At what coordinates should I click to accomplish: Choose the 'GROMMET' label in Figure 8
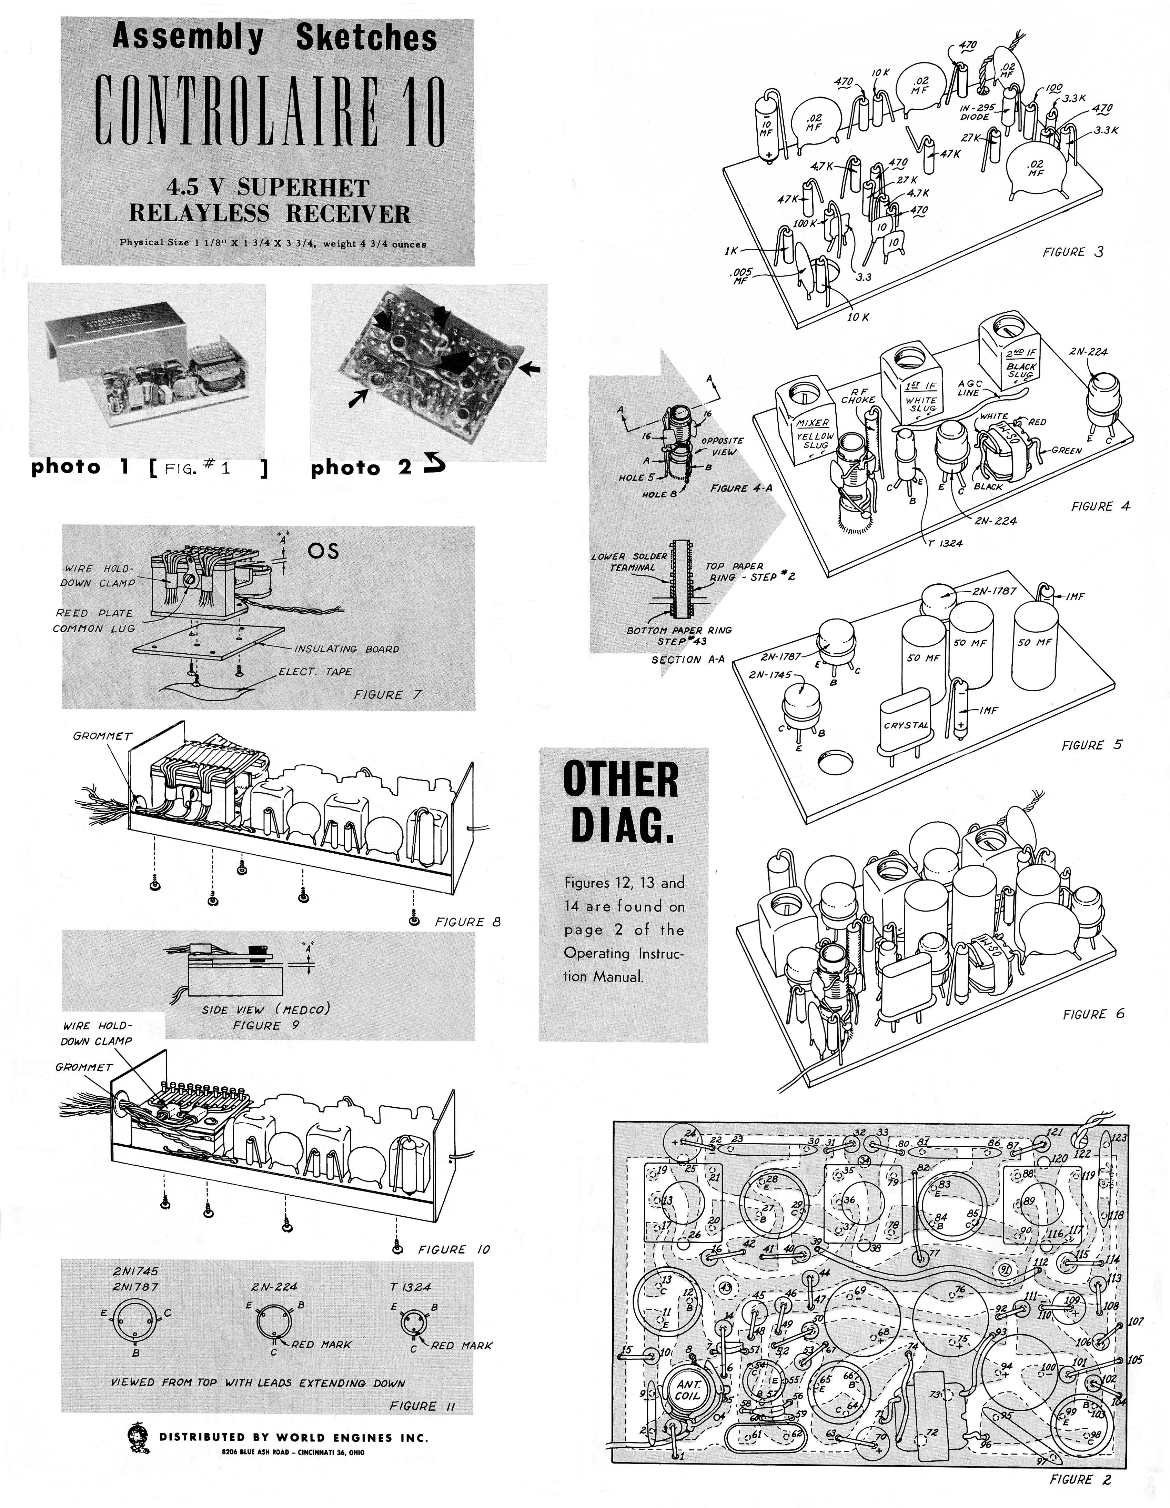(102, 736)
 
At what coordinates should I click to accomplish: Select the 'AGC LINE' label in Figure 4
(970, 388)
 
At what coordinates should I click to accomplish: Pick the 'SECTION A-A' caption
(687, 660)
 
